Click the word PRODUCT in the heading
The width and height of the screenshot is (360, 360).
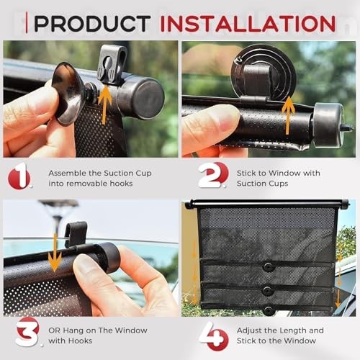click(x=92, y=24)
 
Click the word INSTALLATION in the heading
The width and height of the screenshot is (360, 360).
click(x=248, y=24)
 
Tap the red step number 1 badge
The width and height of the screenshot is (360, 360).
click(x=19, y=176)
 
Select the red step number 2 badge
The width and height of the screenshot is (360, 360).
click(x=213, y=175)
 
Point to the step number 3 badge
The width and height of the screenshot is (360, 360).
click(x=27, y=332)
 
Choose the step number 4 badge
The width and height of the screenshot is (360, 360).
click(x=214, y=336)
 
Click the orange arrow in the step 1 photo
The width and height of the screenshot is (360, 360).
click(x=104, y=106)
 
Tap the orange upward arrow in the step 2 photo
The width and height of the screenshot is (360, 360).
click(x=288, y=115)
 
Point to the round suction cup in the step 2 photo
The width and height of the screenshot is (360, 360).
click(x=263, y=72)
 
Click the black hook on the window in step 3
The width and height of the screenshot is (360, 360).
click(x=76, y=235)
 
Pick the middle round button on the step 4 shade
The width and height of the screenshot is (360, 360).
click(x=268, y=291)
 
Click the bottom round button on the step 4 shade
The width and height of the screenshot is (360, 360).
click(x=269, y=311)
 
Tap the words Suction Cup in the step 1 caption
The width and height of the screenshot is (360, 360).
click(x=127, y=174)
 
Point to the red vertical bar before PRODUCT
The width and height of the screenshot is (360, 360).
click(x=26, y=22)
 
